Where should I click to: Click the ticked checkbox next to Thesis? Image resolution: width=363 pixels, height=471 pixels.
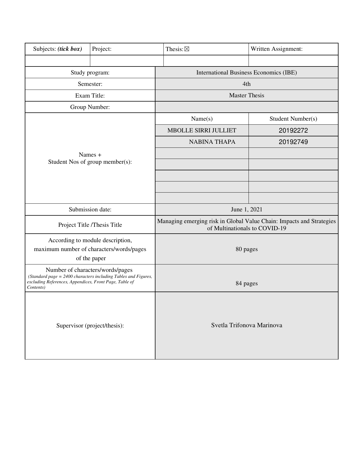tap(186, 49)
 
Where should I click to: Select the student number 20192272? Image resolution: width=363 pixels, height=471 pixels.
tap(293, 130)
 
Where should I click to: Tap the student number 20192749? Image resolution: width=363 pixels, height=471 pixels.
tap(293, 142)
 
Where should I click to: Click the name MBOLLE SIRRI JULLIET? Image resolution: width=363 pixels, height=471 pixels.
tap(202, 130)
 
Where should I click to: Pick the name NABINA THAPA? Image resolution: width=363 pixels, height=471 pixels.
tap(212, 142)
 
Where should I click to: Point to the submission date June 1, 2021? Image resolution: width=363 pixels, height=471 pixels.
tap(247, 209)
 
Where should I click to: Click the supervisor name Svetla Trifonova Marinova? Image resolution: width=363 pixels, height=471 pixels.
tap(247, 325)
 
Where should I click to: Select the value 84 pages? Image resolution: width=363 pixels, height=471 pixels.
tap(247, 283)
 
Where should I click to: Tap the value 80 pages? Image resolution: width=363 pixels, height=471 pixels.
tap(247, 249)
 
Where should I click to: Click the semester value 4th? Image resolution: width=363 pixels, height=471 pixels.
tap(247, 84)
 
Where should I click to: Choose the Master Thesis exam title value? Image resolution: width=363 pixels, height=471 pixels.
tap(247, 95)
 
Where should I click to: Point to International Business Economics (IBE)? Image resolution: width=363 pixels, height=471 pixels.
tap(247, 72)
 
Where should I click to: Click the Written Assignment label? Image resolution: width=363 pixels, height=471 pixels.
tap(276, 49)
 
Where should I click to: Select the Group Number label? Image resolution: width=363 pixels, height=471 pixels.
tap(90, 107)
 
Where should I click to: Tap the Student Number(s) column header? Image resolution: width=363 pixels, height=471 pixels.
tap(293, 119)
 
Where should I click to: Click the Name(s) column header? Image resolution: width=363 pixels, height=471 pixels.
tap(202, 119)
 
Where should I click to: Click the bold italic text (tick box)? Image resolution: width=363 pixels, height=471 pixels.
tap(70, 49)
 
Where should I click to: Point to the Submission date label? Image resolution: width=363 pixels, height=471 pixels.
tap(90, 209)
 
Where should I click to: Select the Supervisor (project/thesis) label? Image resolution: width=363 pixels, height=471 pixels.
tap(90, 326)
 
